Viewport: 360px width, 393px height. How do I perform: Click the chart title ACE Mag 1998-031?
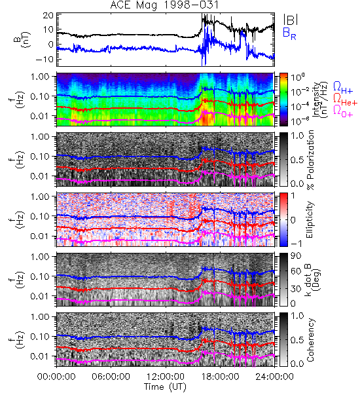pos(164,5)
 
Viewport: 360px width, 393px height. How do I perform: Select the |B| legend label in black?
pos(291,19)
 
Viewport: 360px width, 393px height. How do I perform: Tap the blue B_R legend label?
pos(290,33)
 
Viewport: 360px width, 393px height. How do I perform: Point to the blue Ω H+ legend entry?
pos(343,88)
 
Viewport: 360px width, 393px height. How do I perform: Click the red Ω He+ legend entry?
pos(345,99)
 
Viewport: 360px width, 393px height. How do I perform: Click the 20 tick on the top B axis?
pos(48,16)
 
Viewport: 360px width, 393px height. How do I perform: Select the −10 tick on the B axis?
pos(45,60)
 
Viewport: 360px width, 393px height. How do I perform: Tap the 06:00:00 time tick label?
pos(111,377)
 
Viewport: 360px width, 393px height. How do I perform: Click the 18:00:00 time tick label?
pos(220,377)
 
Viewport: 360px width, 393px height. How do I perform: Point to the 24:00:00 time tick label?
pos(274,377)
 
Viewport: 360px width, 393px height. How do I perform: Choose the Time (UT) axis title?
pos(165,386)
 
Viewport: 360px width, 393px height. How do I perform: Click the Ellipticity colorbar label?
pos(310,220)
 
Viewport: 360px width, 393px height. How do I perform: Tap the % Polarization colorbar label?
pos(310,160)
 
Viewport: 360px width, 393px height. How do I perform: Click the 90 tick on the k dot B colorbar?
pos(295,255)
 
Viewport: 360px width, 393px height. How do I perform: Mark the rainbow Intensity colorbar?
pos(283,100)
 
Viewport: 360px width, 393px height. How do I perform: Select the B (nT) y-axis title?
pos(22,39)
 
